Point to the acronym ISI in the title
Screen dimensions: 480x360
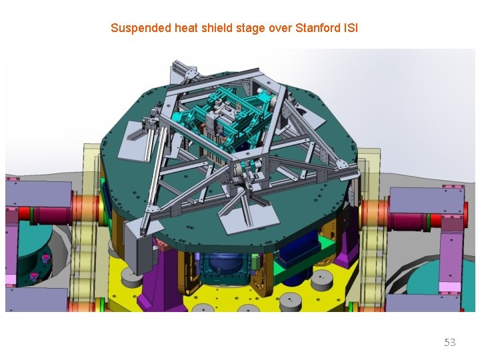click(x=349, y=28)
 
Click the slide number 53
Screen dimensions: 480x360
click(x=450, y=342)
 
